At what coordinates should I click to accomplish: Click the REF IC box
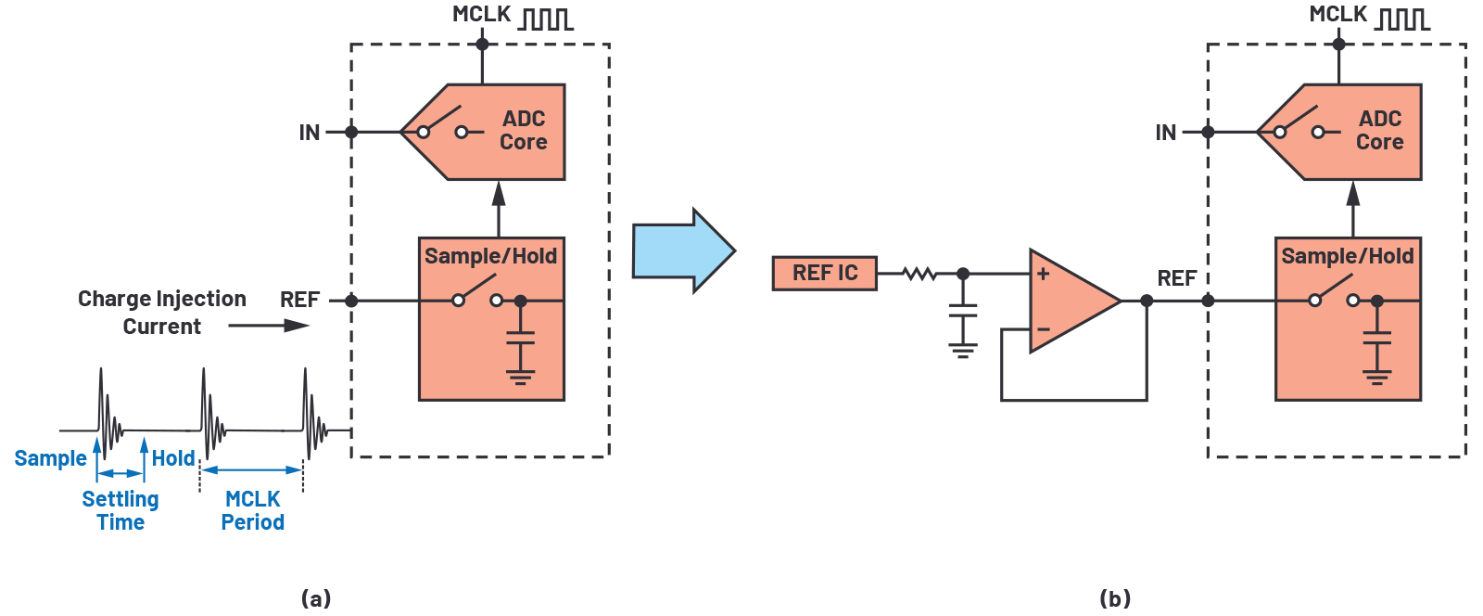(824, 274)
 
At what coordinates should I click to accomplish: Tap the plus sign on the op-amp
(1043, 274)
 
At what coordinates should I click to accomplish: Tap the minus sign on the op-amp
(1043, 329)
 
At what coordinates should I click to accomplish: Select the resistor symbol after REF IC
(919, 274)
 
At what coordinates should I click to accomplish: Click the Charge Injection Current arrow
(269, 326)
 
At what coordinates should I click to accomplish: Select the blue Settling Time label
(120, 510)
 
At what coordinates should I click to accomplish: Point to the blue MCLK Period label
(252, 510)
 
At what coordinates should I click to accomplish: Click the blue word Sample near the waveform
(50, 458)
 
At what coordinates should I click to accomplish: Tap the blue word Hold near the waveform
(173, 458)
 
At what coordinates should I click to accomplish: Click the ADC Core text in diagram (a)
(523, 131)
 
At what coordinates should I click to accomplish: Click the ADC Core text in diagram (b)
(1379, 131)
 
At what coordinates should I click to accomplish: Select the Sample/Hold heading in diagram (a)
(490, 256)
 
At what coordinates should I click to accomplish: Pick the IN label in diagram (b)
(1165, 133)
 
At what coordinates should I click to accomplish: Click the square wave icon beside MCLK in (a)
(545, 18)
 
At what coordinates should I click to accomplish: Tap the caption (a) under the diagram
(316, 598)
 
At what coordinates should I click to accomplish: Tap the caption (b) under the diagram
(1114, 598)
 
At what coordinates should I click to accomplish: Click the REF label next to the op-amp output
(1176, 278)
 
